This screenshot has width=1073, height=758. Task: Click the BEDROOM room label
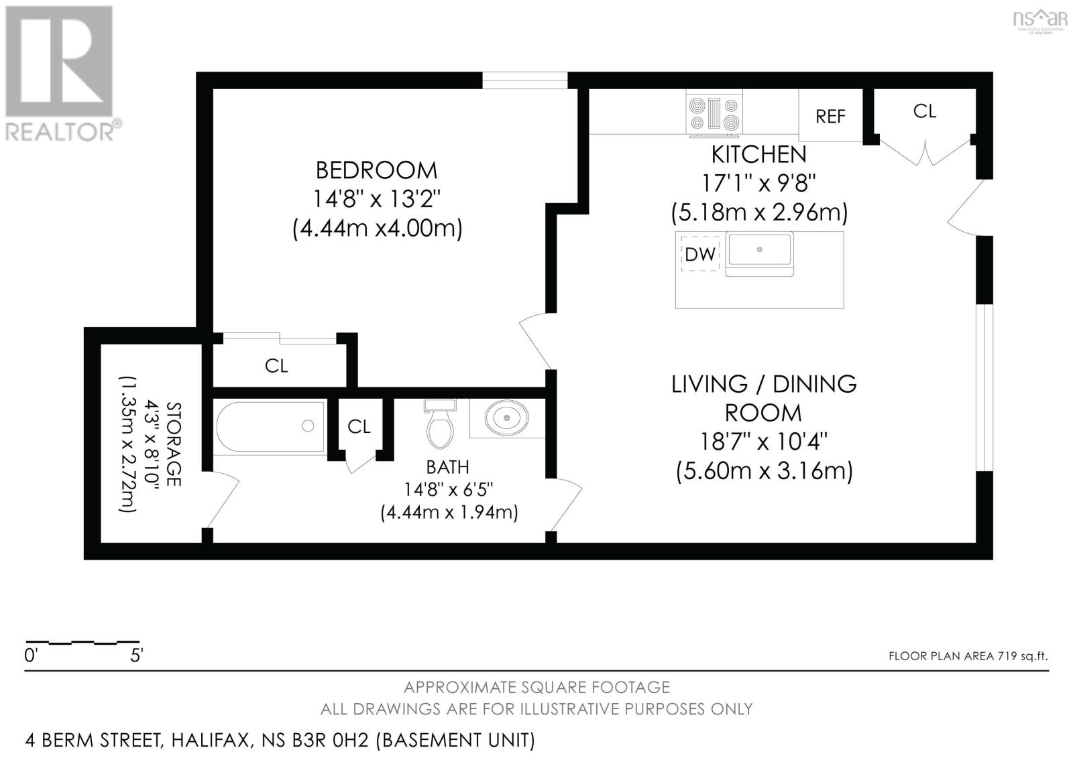[x=376, y=170]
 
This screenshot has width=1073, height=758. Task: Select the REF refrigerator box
[x=830, y=116]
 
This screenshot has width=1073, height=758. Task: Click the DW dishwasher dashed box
[x=700, y=253]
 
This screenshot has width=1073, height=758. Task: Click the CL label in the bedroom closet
[x=276, y=366]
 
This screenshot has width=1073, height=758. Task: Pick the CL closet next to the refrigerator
[x=924, y=111]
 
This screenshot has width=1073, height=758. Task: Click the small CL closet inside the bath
[x=359, y=426]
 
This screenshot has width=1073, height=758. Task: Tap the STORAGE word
[x=174, y=444]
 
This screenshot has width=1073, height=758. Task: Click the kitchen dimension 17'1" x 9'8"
[x=758, y=183]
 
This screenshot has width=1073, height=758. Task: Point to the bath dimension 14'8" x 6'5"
[x=448, y=490]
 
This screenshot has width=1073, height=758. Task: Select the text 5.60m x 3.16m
[x=764, y=471]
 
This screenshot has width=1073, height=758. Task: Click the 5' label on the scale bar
[x=136, y=655]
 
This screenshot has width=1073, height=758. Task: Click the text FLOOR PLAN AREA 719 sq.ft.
[x=968, y=656]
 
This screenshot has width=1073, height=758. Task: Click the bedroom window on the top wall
[x=524, y=80]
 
